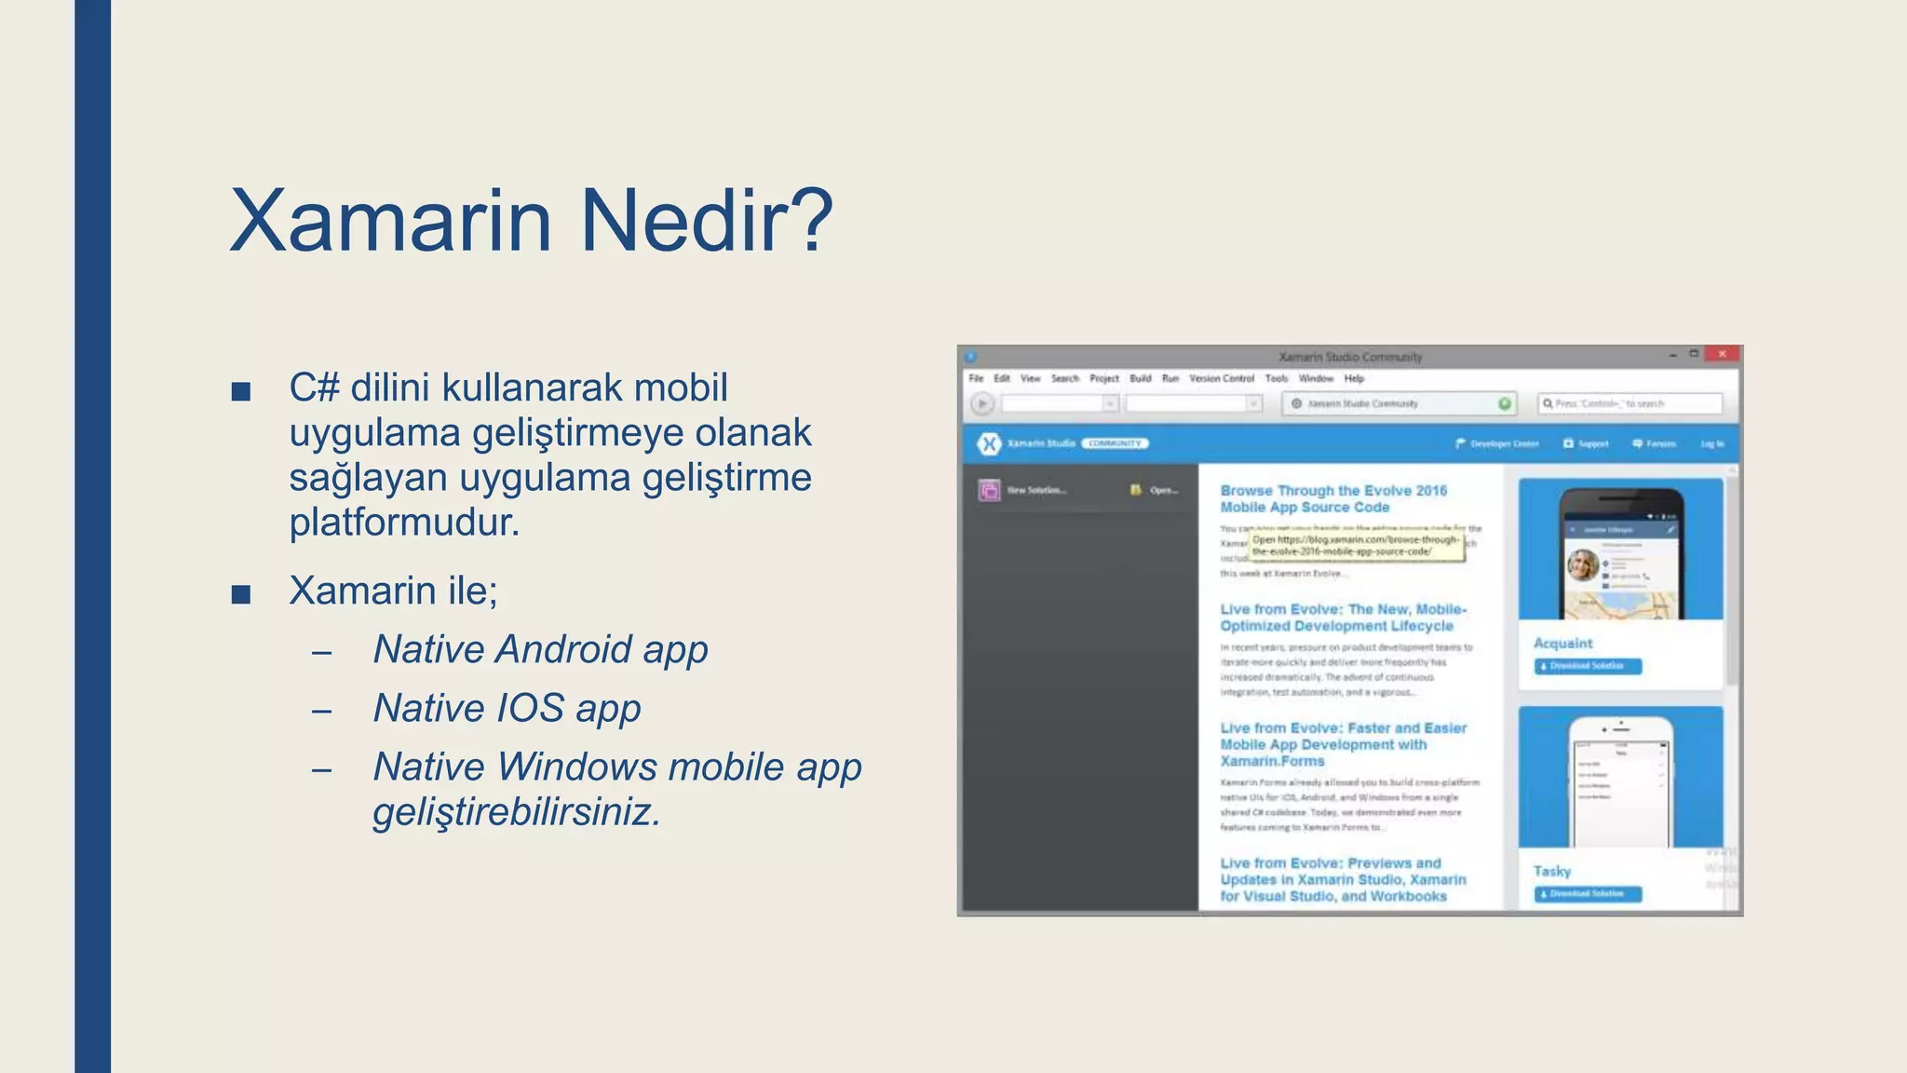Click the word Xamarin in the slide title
391,222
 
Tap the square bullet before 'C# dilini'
241,391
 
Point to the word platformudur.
404,523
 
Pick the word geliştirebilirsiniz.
517,812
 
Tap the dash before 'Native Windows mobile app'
322,770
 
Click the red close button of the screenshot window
1722,354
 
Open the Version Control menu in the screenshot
1221,378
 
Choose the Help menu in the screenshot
1354,378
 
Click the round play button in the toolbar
981,403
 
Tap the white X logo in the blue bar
989,443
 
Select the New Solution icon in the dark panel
989,490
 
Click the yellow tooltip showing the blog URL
1356,546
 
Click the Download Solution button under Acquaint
1588,666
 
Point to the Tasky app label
1552,871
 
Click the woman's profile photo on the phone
1583,564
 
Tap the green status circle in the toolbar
1505,403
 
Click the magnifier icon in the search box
1548,403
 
